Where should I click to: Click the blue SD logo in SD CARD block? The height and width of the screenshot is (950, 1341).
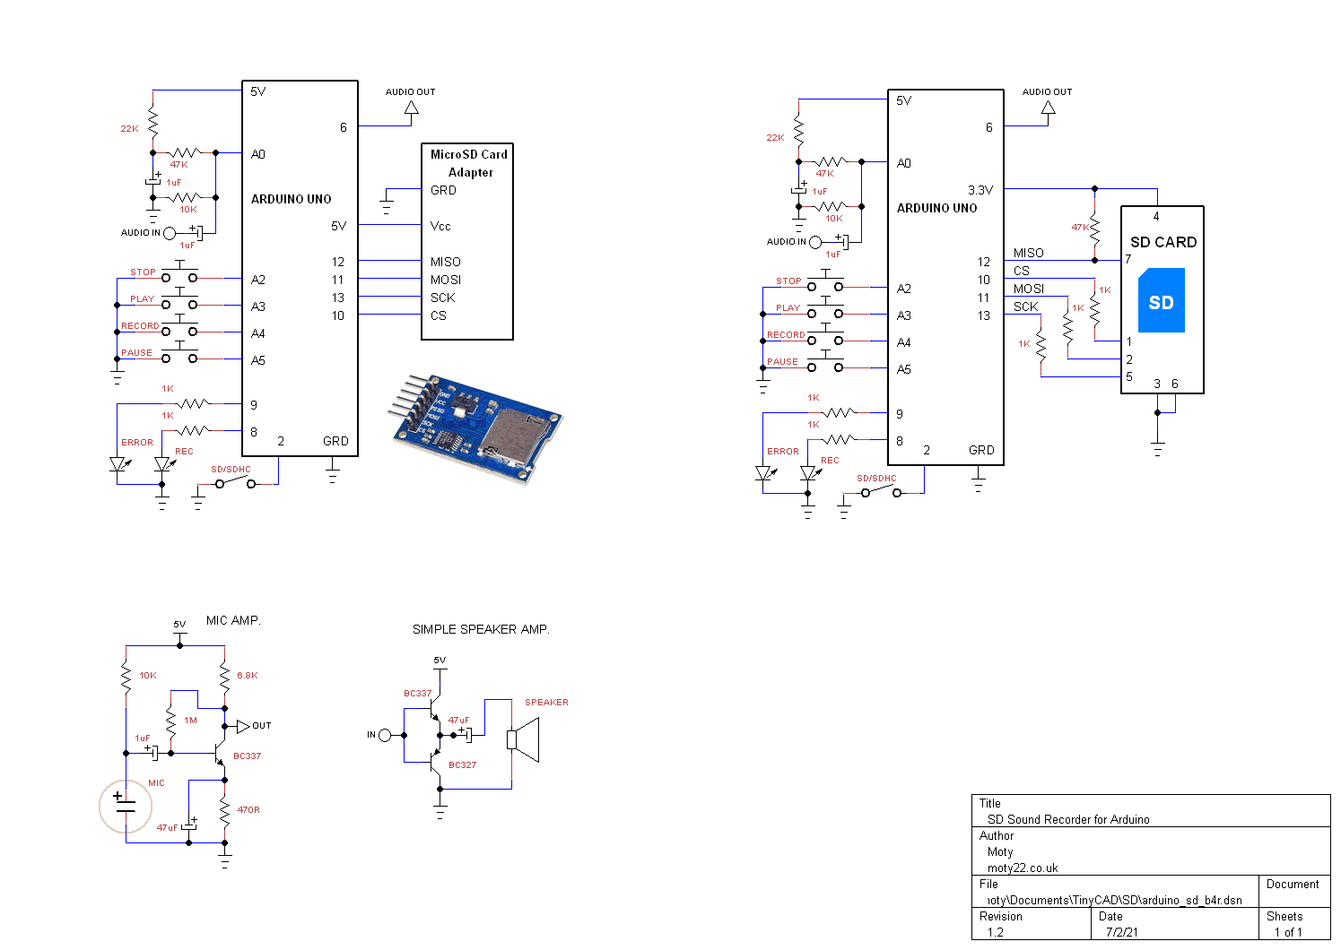click(x=1161, y=301)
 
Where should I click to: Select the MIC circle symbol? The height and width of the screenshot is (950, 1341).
click(x=126, y=806)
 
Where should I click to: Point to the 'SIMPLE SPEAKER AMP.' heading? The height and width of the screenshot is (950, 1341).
click(x=481, y=630)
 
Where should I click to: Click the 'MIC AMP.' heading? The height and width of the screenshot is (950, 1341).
click(x=233, y=620)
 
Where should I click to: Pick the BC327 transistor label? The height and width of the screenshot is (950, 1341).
click(x=462, y=765)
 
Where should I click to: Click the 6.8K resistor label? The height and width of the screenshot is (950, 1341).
click(x=247, y=676)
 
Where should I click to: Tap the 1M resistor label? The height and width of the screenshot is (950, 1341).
click(x=190, y=721)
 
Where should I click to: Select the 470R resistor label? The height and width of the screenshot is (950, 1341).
click(x=248, y=810)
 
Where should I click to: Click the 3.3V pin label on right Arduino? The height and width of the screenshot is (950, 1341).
click(x=980, y=190)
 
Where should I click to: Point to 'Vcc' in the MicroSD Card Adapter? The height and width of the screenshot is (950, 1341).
click(x=440, y=227)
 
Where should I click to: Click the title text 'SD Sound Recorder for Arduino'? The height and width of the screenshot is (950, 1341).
click(x=1068, y=819)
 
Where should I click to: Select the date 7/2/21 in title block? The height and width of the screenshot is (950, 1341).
click(x=1121, y=932)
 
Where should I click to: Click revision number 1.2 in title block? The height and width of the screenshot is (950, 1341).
click(x=996, y=932)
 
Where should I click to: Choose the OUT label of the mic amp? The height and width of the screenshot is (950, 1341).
click(x=261, y=726)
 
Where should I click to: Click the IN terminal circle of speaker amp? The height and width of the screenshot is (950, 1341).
click(x=385, y=735)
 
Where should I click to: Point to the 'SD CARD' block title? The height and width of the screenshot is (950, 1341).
click(x=1163, y=242)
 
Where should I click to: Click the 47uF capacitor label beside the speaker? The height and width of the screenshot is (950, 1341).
click(x=458, y=721)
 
